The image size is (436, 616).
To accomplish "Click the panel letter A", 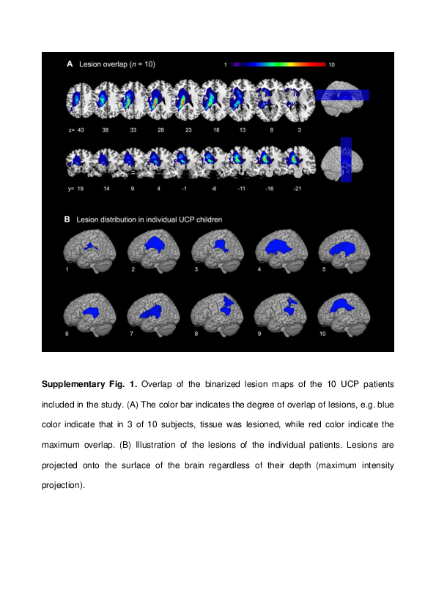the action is (70, 64).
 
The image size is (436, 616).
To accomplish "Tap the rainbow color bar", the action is (278, 64).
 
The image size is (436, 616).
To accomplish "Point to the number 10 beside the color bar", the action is (332, 65).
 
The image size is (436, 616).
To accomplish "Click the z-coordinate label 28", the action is (159, 129).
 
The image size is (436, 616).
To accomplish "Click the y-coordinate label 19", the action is (79, 188).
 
